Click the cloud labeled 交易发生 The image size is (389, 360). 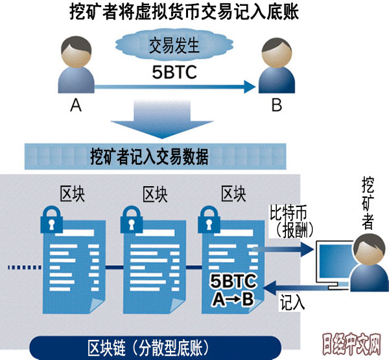(x=174, y=46)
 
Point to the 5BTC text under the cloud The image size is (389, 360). (x=174, y=71)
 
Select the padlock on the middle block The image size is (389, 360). (x=132, y=221)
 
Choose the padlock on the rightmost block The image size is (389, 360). (x=211, y=221)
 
